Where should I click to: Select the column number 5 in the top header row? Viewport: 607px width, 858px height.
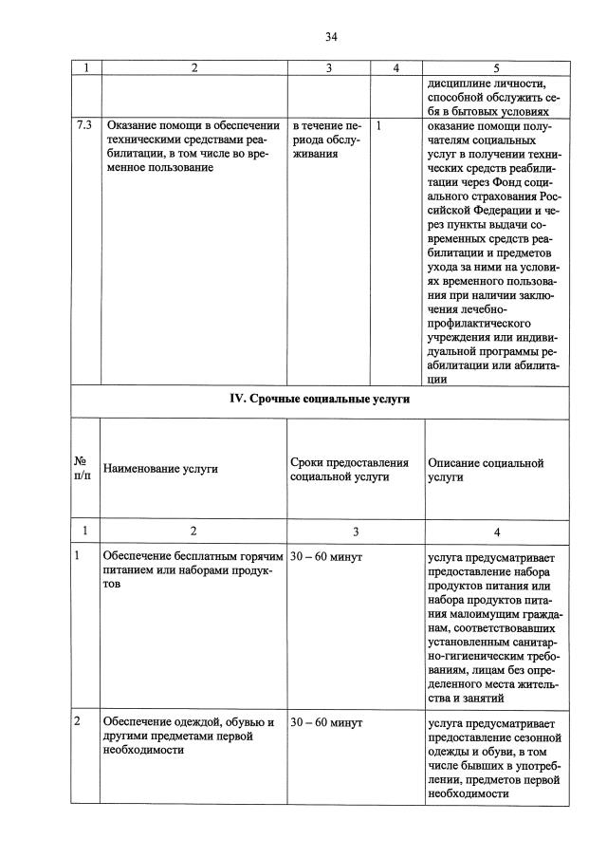(497, 68)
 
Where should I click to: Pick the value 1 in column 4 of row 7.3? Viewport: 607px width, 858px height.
(379, 125)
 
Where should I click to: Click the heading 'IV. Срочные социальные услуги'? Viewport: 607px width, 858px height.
(321, 400)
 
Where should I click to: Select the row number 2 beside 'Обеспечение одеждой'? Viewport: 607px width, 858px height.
(77, 722)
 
